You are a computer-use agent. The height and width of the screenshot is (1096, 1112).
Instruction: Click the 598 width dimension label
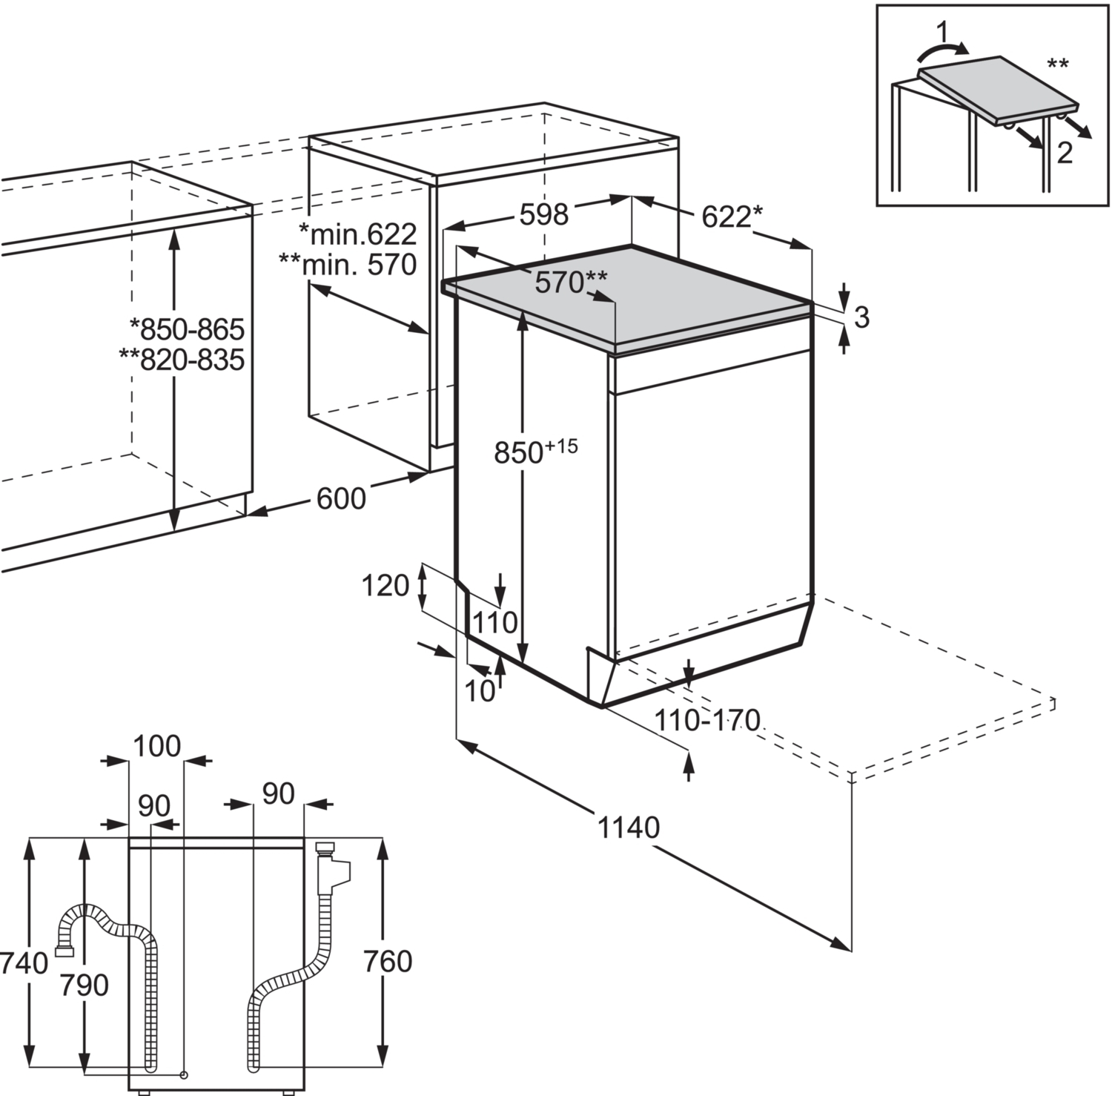click(x=543, y=214)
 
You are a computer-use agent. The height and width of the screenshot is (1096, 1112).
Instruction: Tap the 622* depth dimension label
click(x=730, y=217)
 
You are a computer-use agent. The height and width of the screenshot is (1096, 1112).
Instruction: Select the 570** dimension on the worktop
click(x=571, y=282)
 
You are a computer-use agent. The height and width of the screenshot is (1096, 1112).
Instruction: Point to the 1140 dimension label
click(x=628, y=827)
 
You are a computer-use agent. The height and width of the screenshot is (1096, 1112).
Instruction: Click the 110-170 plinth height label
click(x=708, y=719)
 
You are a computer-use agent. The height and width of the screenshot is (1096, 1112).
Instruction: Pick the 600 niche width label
click(x=341, y=499)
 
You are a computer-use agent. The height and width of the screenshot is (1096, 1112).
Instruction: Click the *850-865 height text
click(x=187, y=328)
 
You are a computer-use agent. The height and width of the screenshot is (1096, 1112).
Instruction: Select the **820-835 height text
click(x=182, y=360)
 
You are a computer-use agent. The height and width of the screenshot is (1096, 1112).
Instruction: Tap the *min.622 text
click(x=357, y=234)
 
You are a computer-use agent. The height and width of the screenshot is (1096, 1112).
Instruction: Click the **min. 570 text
click(x=348, y=264)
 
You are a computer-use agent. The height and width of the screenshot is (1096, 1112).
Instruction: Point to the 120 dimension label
click(x=385, y=586)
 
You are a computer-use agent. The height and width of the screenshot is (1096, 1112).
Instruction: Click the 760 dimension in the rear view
click(x=388, y=962)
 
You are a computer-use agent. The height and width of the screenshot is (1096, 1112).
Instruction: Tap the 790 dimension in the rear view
click(x=84, y=985)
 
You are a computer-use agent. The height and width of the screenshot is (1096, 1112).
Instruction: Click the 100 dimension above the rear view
click(x=156, y=746)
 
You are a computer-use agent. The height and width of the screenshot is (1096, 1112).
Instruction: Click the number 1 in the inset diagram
click(x=942, y=32)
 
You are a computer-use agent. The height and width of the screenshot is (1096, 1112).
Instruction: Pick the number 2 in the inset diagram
click(x=1064, y=153)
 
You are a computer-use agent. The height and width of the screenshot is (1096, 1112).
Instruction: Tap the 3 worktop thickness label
click(x=861, y=317)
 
